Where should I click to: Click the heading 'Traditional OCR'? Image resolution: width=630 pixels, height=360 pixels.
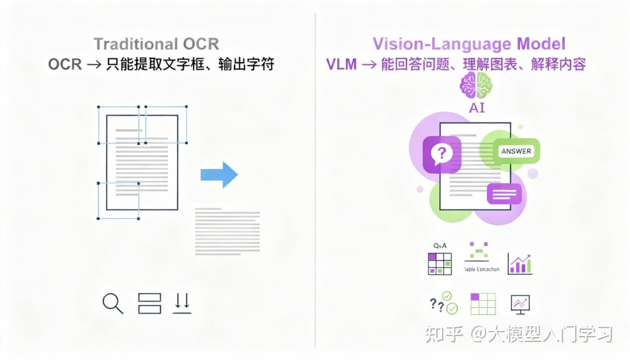click(156, 44)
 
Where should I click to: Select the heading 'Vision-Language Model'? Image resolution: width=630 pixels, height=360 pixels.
click(469, 44)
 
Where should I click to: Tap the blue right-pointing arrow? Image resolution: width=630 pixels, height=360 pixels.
click(219, 174)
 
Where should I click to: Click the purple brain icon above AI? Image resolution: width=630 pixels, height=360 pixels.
click(476, 87)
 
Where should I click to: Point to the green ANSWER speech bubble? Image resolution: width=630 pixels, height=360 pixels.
click(516, 152)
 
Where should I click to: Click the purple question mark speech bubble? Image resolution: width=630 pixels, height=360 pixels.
click(442, 155)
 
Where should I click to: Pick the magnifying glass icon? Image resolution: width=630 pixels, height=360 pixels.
click(112, 303)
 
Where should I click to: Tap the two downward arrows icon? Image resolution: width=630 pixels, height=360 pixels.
click(182, 302)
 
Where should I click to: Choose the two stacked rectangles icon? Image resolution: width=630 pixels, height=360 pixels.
click(149, 303)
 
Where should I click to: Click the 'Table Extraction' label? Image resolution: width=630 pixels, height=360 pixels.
click(481, 269)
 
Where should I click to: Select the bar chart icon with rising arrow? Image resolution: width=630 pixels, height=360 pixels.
click(519, 264)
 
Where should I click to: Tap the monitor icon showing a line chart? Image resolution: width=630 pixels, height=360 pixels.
click(520, 303)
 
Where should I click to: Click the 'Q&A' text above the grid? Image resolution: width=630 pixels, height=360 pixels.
click(440, 246)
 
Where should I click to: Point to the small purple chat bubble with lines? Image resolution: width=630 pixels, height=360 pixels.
click(504, 193)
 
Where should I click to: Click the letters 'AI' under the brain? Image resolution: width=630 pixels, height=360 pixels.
click(477, 108)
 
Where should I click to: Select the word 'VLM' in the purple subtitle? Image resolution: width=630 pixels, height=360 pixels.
click(341, 65)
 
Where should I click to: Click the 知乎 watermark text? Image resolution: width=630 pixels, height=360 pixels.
click(444, 334)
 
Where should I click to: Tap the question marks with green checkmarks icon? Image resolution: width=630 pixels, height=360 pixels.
click(443, 303)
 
